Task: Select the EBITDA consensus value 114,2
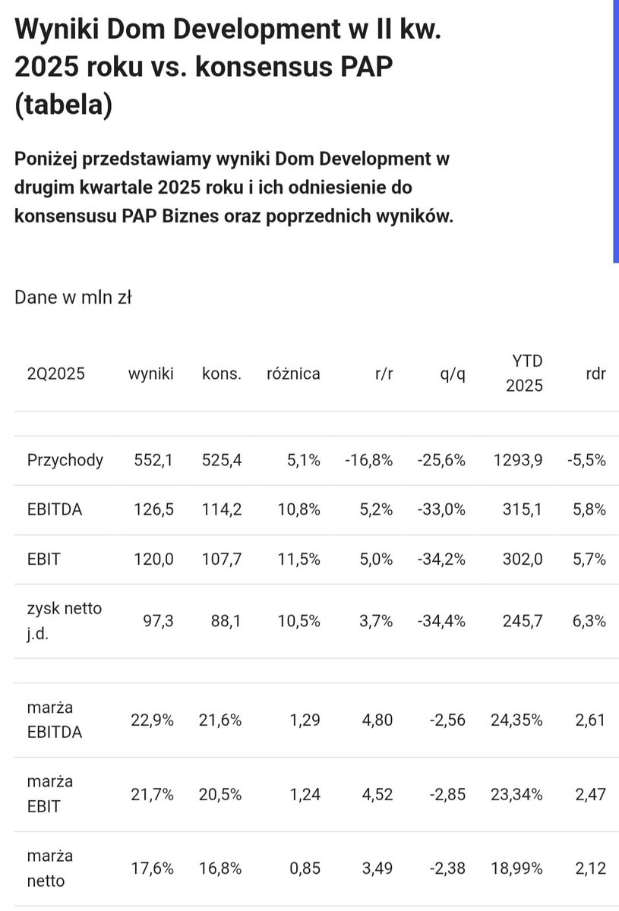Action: pos(222,510)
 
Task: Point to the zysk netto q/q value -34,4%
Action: pos(441,621)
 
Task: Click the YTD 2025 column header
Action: pos(525,373)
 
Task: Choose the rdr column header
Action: pos(596,374)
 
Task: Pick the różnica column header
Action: pos(293,374)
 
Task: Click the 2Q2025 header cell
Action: pos(56,374)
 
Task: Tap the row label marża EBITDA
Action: pos(55,719)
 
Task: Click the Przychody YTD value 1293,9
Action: pos(517,460)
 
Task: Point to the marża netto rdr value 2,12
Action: pos(591,868)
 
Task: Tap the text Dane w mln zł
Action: pos(73,298)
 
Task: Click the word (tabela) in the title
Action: pos(63,103)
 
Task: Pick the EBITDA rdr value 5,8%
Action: pos(589,510)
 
